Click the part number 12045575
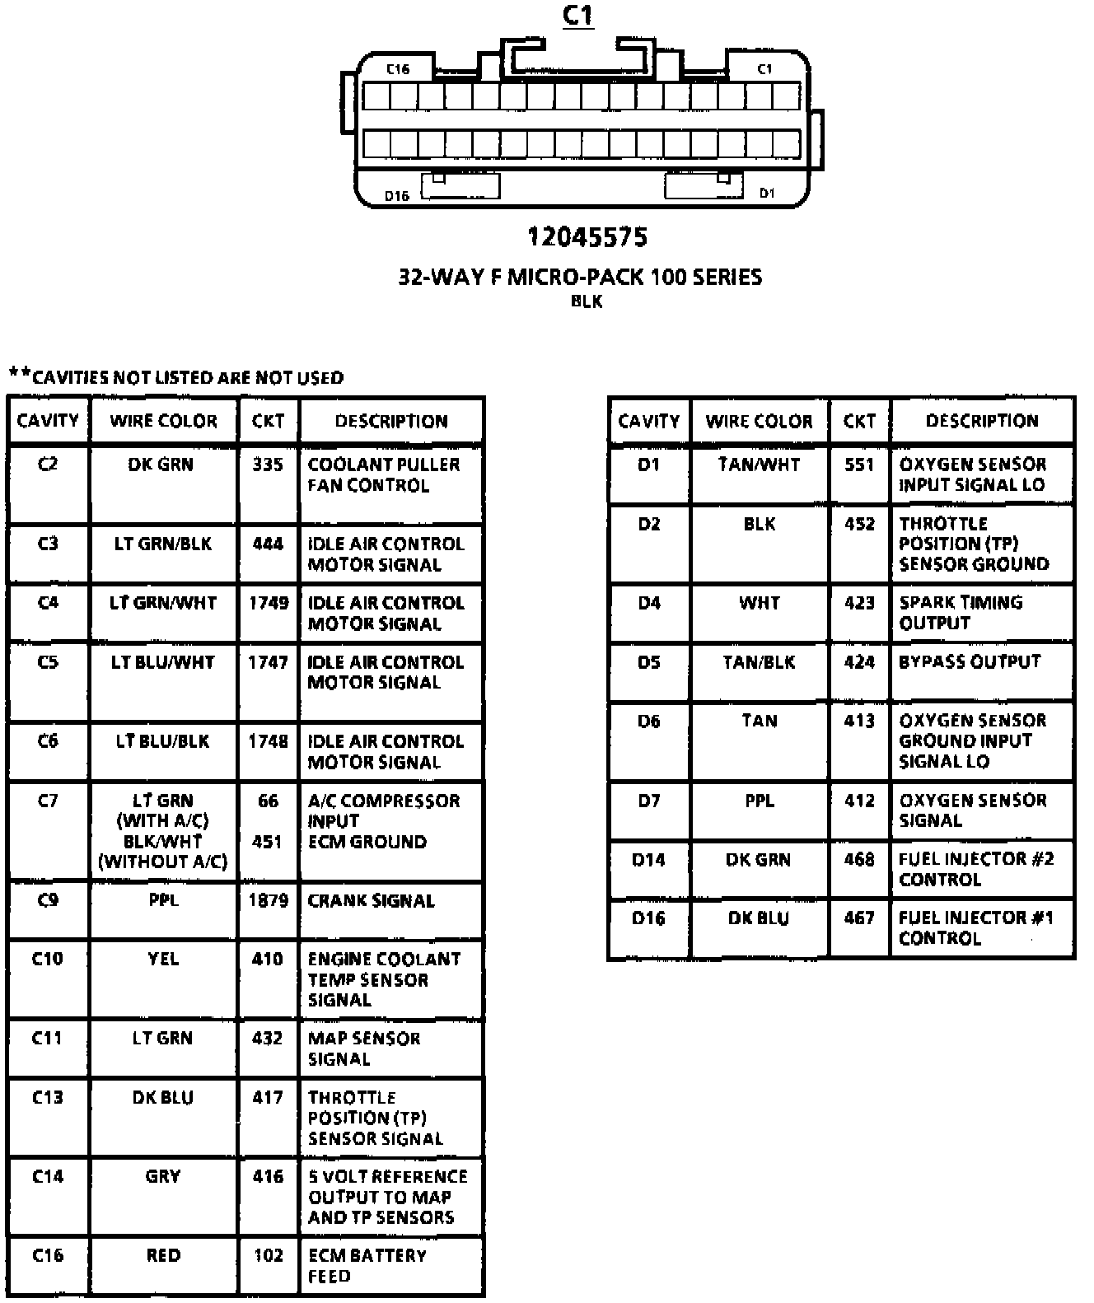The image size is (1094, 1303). pos(587,238)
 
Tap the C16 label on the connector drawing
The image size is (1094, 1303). pos(398,69)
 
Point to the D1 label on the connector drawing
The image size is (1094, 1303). pos(767,193)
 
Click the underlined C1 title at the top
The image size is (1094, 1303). pos(577,16)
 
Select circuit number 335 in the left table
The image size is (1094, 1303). pos(268,465)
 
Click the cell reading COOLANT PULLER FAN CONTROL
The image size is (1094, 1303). pos(383,475)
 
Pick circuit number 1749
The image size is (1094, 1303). pos(269,603)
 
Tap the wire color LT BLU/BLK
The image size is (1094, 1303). pos(163,741)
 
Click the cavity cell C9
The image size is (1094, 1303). pos(48,900)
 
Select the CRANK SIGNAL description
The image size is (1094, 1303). pos(371,901)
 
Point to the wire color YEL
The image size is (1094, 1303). pos(163,959)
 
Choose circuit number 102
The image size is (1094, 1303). pos(268,1255)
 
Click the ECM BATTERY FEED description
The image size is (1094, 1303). pos(367,1266)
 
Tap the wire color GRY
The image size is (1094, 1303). pos(163,1176)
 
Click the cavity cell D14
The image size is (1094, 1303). pos(648,860)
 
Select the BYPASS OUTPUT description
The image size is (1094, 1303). pos(970,662)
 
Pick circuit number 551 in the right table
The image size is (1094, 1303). pos(859,465)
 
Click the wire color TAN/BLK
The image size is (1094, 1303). pos(759,662)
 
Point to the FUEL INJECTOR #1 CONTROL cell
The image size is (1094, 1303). pos(975,928)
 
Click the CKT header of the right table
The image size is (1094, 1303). pos(859,421)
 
